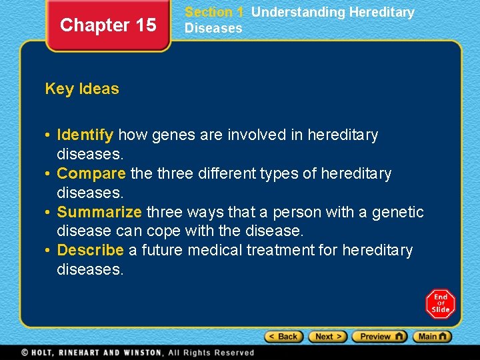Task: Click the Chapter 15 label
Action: tap(108, 25)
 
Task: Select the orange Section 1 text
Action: tap(214, 12)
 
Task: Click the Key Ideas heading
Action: tap(82, 89)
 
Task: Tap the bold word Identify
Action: tap(85, 135)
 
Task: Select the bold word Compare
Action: tap(91, 173)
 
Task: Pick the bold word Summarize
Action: tap(99, 212)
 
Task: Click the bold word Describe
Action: tap(91, 250)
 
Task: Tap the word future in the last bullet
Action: tap(162, 250)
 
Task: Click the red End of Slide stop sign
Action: tap(441, 303)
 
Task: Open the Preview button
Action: tap(379, 337)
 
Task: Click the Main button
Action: tap(432, 337)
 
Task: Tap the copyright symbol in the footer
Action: tap(25, 353)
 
